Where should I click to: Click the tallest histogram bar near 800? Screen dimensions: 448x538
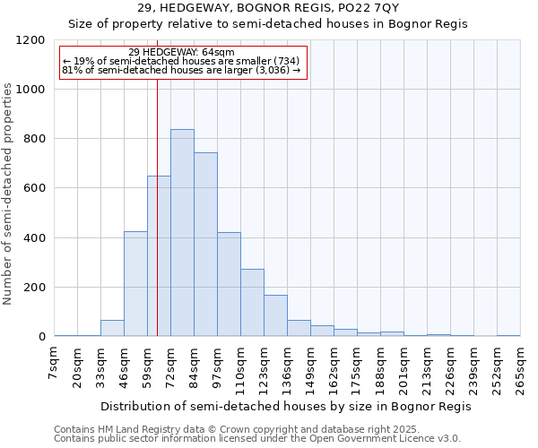click(182, 233)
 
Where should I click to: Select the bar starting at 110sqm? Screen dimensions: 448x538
click(252, 303)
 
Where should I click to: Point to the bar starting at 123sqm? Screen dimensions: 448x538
click(275, 315)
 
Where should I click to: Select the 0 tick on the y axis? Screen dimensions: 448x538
click(41, 337)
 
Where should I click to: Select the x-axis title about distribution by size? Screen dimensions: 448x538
click(285, 406)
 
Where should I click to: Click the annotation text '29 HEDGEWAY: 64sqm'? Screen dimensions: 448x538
click(181, 53)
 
